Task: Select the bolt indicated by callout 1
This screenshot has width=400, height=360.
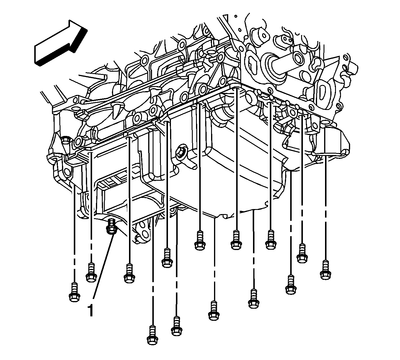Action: click(112, 227)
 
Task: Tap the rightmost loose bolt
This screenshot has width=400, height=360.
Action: click(325, 270)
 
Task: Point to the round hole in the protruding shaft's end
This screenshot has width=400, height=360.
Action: click(299, 59)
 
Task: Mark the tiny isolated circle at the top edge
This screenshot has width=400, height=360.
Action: click(236, 16)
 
